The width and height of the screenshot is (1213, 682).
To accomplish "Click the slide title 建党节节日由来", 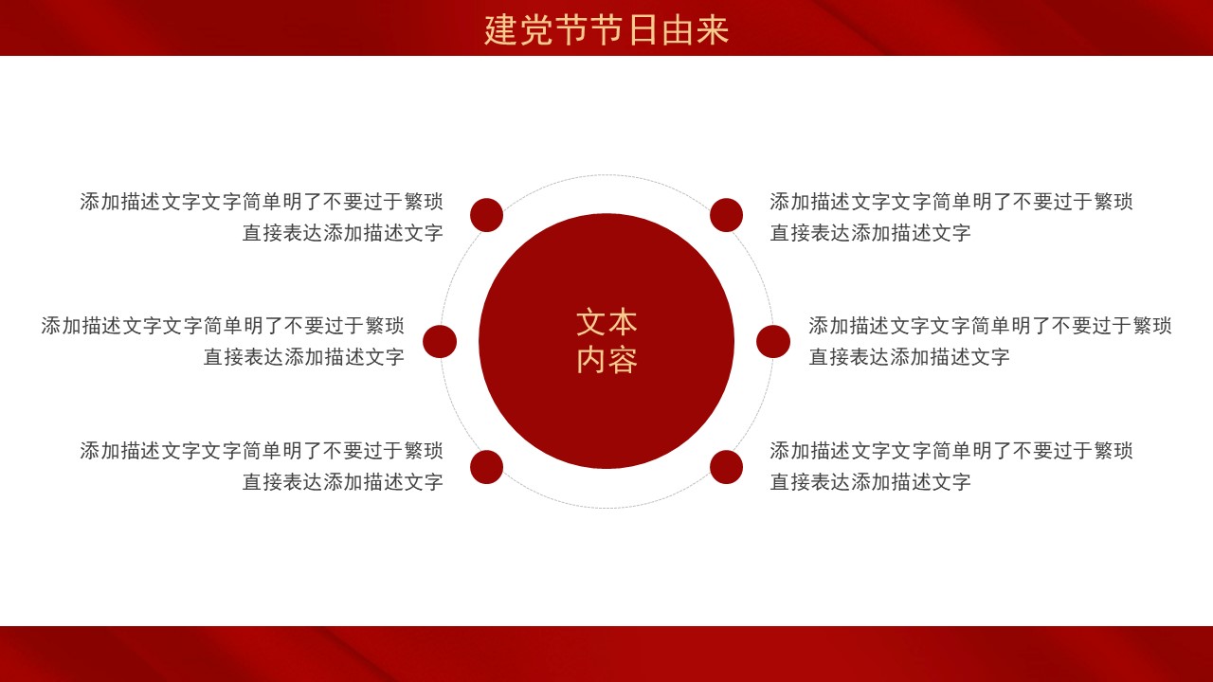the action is click(606, 29).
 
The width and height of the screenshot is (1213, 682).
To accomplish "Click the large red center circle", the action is click(606, 341).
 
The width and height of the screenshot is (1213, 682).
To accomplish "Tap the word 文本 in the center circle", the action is click(606, 323).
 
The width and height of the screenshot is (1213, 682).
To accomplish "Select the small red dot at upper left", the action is click(487, 215).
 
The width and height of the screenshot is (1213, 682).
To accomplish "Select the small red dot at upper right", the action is click(726, 215).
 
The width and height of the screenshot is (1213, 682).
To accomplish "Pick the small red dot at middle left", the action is click(440, 342).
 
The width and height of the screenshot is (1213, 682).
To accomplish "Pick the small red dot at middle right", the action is click(773, 342).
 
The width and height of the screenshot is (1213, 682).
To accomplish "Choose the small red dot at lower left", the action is click(487, 467).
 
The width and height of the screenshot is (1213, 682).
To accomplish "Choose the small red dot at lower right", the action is click(726, 467).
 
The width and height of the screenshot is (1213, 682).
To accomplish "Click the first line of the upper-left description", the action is click(262, 202).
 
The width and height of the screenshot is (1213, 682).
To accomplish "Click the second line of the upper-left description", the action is click(343, 233).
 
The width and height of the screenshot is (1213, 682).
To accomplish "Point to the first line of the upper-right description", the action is click(951, 202).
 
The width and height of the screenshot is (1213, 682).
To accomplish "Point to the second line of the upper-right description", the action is click(870, 233).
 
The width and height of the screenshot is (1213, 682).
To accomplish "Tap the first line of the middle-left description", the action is click(223, 325).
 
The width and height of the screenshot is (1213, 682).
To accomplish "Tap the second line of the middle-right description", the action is click(909, 357).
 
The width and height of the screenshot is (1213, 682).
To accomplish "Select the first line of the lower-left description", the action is click(262, 450).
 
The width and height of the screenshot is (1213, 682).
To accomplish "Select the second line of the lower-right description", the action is click(870, 482).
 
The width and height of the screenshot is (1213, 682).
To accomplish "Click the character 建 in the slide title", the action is click(500, 29).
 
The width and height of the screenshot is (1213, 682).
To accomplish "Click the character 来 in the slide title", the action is click(713, 29).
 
